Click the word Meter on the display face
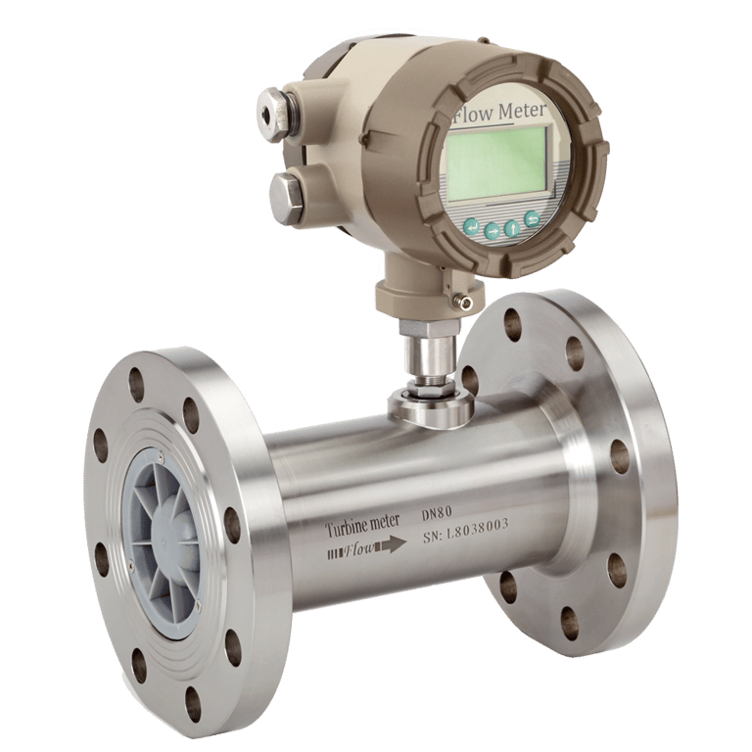[522, 112]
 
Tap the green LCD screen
[497, 164]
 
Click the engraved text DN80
[437, 514]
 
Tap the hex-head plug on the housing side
[286, 198]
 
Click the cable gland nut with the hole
[272, 114]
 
